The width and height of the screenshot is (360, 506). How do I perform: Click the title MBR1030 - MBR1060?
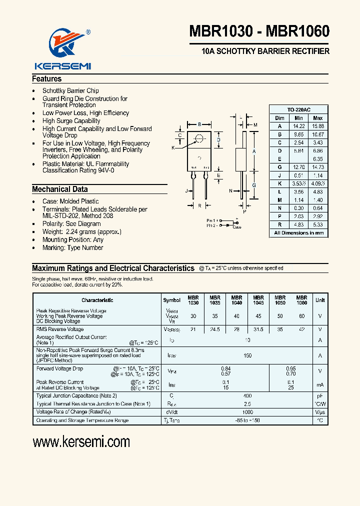[x=259, y=31]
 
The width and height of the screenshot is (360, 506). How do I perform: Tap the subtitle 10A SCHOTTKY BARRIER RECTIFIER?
[x=265, y=51]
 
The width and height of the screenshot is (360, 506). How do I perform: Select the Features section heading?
[x=47, y=79]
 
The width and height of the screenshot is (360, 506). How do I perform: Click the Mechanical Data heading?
[x=59, y=189]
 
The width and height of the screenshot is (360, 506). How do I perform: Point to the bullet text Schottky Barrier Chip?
[x=70, y=91]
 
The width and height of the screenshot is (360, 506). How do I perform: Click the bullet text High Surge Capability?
[x=71, y=121]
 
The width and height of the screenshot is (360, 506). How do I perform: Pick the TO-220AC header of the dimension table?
[x=299, y=109]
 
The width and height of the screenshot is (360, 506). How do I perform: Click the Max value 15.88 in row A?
[x=317, y=126]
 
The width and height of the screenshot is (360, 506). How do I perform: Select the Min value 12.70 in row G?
[x=298, y=167]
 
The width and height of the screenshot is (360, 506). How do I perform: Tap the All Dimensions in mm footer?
[x=299, y=233]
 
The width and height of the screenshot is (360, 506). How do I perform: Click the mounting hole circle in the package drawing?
[x=199, y=138]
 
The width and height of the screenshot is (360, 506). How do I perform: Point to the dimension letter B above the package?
[x=199, y=124]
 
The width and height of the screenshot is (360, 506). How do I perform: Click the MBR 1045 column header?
[x=258, y=300]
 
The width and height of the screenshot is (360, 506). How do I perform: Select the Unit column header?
[x=319, y=300]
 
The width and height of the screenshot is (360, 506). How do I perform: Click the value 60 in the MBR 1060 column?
[x=301, y=316]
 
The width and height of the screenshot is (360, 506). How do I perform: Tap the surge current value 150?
[x=247, y=355]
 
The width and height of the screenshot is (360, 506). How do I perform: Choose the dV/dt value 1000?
[x=247, y=411]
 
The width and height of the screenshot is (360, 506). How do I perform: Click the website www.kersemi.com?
[x=81, y=442]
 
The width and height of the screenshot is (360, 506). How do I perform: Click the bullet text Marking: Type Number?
[x=72, y=247]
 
